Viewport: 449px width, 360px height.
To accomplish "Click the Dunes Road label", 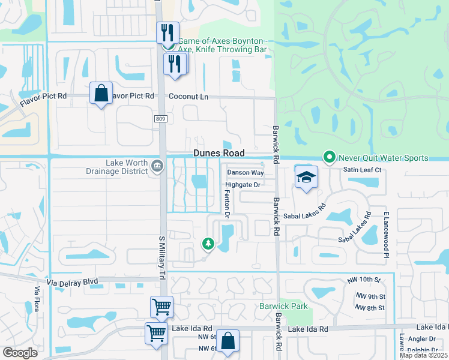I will (219, 153).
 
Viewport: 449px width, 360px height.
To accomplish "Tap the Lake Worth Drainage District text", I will (127, 167).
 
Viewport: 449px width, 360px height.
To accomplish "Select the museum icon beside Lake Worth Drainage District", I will (157, 166).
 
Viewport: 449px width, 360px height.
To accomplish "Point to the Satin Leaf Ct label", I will (362, 170).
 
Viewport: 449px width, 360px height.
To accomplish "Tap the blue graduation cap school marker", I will (306, 177).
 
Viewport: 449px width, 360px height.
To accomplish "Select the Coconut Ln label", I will (188, 96).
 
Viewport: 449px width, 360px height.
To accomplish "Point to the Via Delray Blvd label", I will (72, 281).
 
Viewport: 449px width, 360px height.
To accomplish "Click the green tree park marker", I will (208, 243).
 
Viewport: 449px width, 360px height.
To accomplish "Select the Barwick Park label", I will (283, 307).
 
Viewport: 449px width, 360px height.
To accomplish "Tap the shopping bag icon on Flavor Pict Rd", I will (101, 93).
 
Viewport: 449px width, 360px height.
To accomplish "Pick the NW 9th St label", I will (370, 296).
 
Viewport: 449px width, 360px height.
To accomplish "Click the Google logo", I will (20, 353).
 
